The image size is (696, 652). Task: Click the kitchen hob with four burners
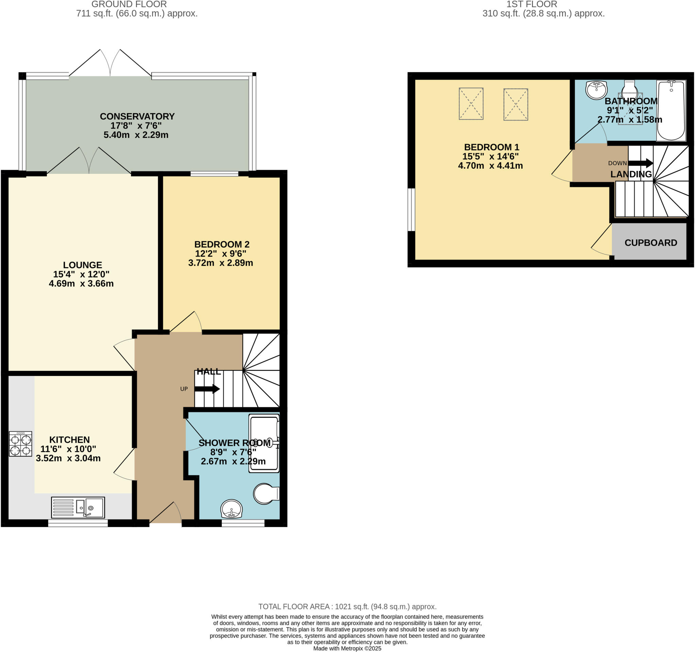[20, 444]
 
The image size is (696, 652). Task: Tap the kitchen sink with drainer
[78, 507]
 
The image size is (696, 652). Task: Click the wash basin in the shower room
[231, 509]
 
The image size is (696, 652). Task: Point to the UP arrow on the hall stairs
[207, 389]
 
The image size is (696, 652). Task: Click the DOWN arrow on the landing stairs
[640, 163]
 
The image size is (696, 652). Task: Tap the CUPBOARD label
[650, 243]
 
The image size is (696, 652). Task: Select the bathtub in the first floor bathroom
[671, 110]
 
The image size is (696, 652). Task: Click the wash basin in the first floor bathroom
[596, 90]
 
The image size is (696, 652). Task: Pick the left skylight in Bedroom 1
[471, 104]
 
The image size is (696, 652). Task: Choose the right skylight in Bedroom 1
[515, 105]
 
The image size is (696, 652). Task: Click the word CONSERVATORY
[137, 116]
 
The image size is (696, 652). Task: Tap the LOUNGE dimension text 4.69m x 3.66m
[81, 284]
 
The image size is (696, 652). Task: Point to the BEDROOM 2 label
[222, 244]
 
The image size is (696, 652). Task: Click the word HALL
[209, 372]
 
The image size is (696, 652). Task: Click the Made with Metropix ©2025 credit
[347, 649]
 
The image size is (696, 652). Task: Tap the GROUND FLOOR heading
[129, 4]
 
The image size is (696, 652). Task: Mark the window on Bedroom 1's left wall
[411, 210]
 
